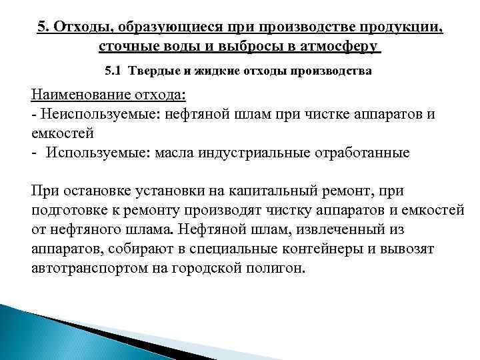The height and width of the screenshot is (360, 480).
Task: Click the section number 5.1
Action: point(115,70)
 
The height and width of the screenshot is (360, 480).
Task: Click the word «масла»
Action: point(175,152)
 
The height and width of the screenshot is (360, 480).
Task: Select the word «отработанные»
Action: point(362,152)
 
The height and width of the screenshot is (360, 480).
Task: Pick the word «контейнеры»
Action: point(319,249)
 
